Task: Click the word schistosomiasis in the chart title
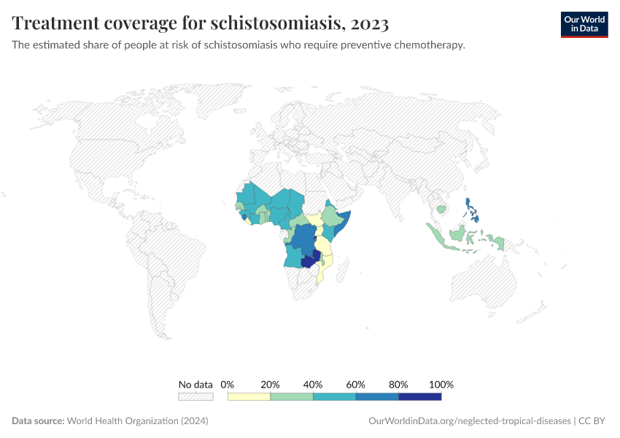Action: (x=277, y=23)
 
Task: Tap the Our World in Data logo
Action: (x=584, y=24)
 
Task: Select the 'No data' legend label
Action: (x=195, y=384)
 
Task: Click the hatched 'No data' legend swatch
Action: (x=195, y=396)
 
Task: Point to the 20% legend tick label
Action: (x=271, y=384)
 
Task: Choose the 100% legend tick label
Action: (x=441, y=384)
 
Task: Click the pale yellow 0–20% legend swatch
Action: (x=249, y=396)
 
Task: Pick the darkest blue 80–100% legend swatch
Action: (x=420, y=396)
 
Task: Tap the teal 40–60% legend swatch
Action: (x=334, y=396)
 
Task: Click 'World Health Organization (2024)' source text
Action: (x=138, y=421)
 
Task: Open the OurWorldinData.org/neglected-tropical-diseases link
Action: (x=470, y=421)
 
